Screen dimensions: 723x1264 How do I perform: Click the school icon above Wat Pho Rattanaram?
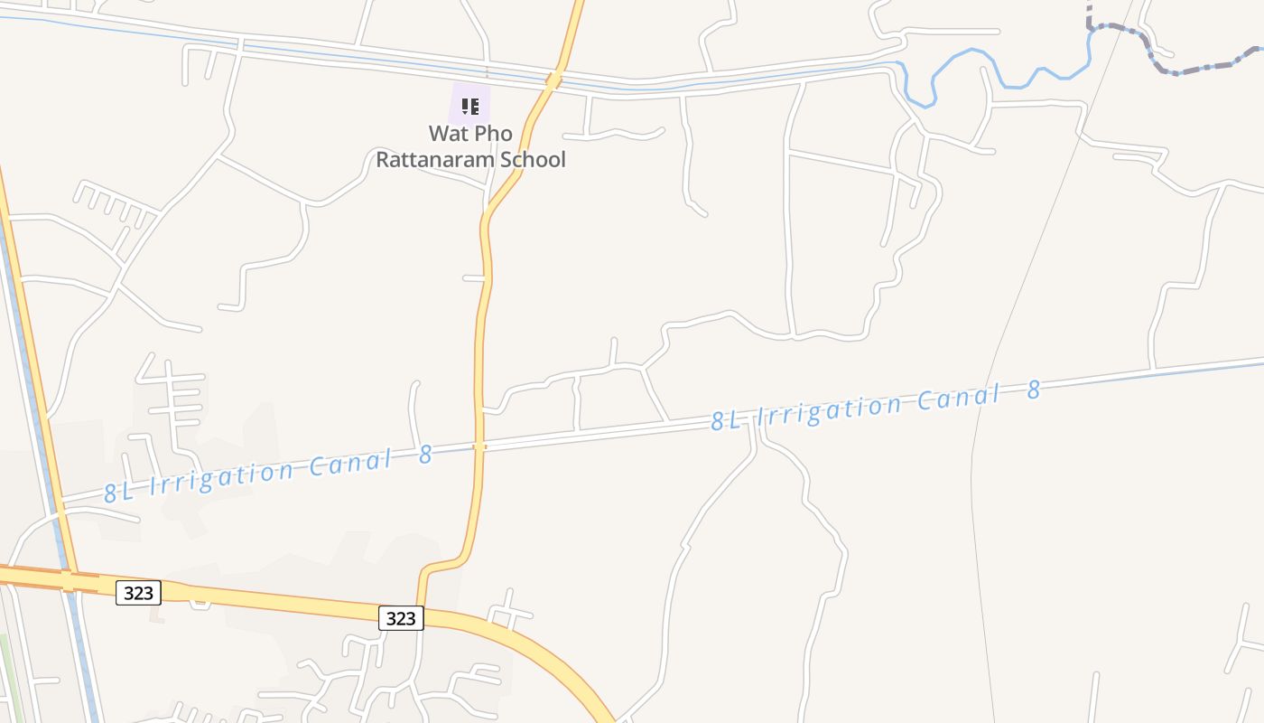[469, 107]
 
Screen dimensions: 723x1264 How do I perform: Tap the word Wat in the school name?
[447, 134]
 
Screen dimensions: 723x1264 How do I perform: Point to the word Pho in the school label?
[493, 134]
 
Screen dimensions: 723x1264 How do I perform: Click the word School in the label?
[531, 160]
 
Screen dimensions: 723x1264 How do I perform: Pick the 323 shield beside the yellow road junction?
[400, 618]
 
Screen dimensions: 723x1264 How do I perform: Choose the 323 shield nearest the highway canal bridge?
[138, 593]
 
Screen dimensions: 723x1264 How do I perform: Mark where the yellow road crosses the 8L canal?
[479, 446]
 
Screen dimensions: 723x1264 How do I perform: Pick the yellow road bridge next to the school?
[554, 80]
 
